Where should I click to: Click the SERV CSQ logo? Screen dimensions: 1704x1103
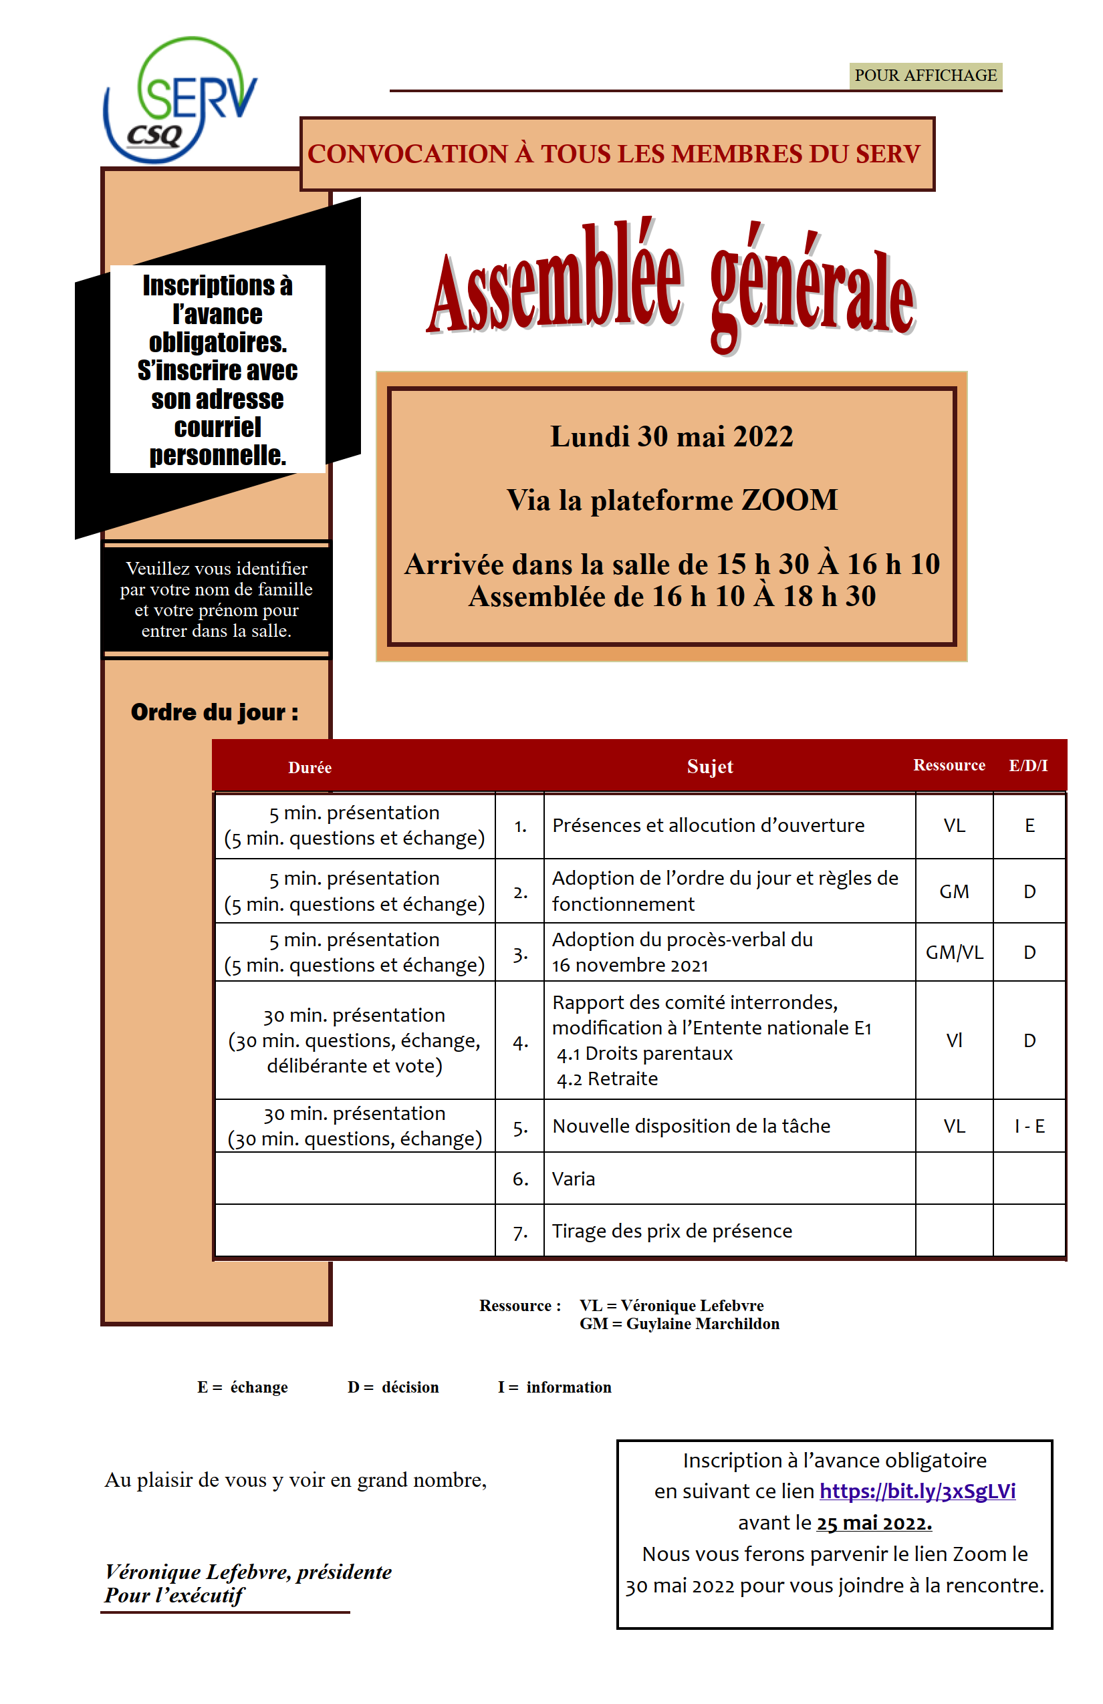tap(180, 100)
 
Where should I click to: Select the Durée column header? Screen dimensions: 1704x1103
tap(310, 768)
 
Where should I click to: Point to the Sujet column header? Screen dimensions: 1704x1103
tap(709, 767)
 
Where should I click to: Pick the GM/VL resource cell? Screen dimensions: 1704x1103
tap(954, 952)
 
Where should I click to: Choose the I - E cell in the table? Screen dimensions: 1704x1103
tap(1029, 1126)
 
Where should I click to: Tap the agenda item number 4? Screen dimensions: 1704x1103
tap(520, 1042)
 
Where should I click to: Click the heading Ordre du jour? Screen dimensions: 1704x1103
tap(214, 712)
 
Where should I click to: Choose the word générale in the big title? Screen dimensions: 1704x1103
tap(813, 293)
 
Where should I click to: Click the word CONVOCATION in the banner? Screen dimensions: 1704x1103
tap(408, 154)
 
